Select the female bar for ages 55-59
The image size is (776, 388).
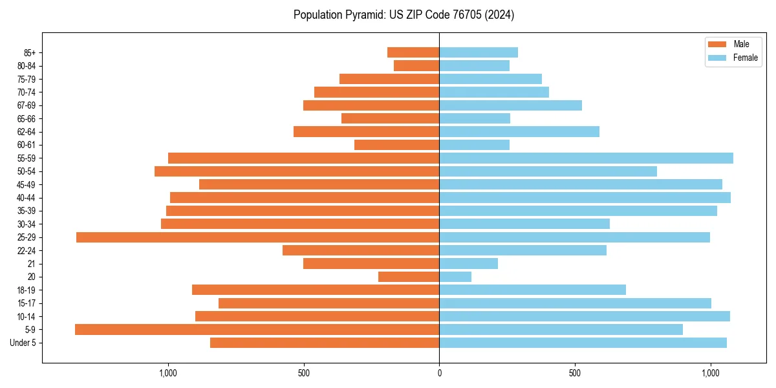click(586, 158)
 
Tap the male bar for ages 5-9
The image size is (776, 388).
click(257, 330)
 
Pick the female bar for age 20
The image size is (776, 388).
click(455, 277)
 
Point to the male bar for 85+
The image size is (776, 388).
click(413, 52)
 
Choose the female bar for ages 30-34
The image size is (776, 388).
click(524, 224)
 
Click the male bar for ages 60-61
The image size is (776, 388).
click(396, 145)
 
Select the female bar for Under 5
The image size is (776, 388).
click(583, 343)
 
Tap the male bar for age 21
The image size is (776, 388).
click(371, 264)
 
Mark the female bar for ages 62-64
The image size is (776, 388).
click(519, 132)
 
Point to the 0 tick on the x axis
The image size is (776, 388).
click(439, 373)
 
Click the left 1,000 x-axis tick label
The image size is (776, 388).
click(167, 373)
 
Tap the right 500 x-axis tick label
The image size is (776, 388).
click(575, 373)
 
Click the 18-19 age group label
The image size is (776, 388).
click(27, 290)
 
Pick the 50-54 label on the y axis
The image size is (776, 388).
click(27, 171)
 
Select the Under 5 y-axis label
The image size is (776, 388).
click(23, 343)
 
